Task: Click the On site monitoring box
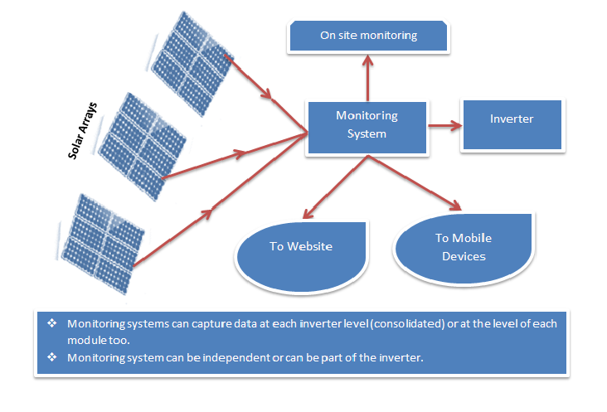tap(368, 36)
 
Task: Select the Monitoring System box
tap(367, 126)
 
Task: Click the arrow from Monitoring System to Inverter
tap(444, 126)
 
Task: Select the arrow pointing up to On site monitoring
tap(368, 78)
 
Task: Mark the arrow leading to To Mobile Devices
tap(414, 183)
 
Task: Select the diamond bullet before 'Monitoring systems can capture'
tap(51, 323)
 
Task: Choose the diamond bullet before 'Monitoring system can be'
tap(51, 356)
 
